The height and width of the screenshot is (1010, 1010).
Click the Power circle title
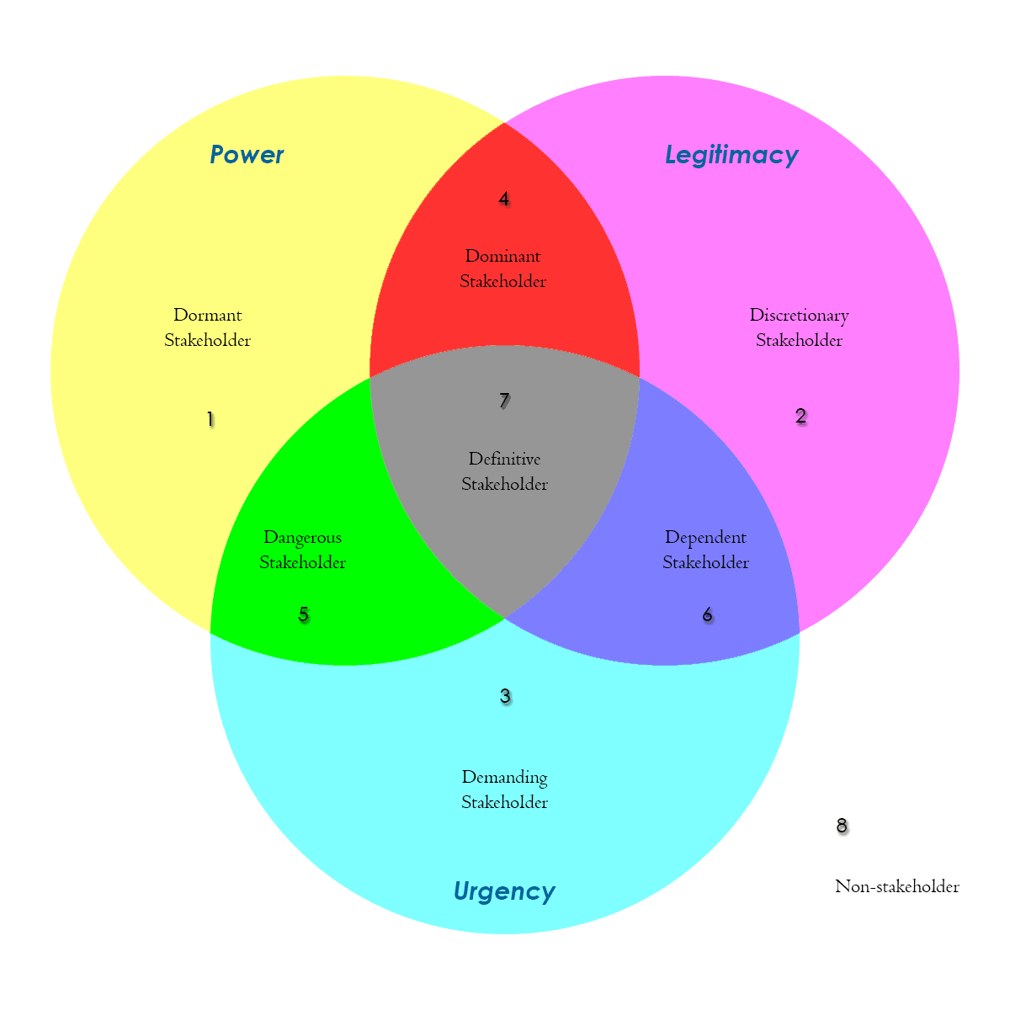tap(247, 155)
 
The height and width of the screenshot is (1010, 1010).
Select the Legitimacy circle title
tap(731, 155)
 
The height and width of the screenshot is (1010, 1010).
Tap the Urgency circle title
tap(504, 891)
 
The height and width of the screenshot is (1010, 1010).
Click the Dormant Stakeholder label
tap(208, 327)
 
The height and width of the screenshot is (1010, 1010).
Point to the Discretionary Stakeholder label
tap(799, 327)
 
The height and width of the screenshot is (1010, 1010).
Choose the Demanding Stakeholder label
tap(504, 789)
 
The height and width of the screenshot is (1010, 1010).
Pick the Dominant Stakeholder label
tap(503, 268)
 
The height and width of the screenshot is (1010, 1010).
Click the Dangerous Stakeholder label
tap(302, 550)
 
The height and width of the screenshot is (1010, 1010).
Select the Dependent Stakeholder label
tap(705, 550)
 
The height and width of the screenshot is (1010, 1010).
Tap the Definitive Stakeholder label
tap(504, 471)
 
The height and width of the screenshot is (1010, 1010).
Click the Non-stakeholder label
tap(896, 886)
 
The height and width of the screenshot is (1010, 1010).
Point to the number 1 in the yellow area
tap(210, 419)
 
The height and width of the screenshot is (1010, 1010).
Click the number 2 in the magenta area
tap(800, 416)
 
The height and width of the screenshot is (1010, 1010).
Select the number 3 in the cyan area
tap(505, 696)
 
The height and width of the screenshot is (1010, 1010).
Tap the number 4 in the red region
tap(503, 199)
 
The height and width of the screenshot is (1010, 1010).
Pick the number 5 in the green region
tap(304, 614)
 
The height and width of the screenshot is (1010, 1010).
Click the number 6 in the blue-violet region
tap(707, 614)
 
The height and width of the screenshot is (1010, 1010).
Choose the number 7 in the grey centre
tap(504, 401)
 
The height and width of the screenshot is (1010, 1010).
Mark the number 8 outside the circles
tap(842, 826)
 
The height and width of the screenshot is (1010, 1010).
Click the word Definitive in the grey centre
tap(504, 459)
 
